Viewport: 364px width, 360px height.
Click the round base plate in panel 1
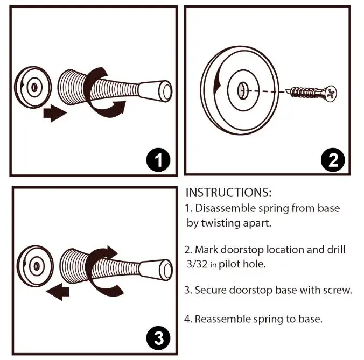coord(32,86)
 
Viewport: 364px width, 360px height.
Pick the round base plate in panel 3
coord(36,265)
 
